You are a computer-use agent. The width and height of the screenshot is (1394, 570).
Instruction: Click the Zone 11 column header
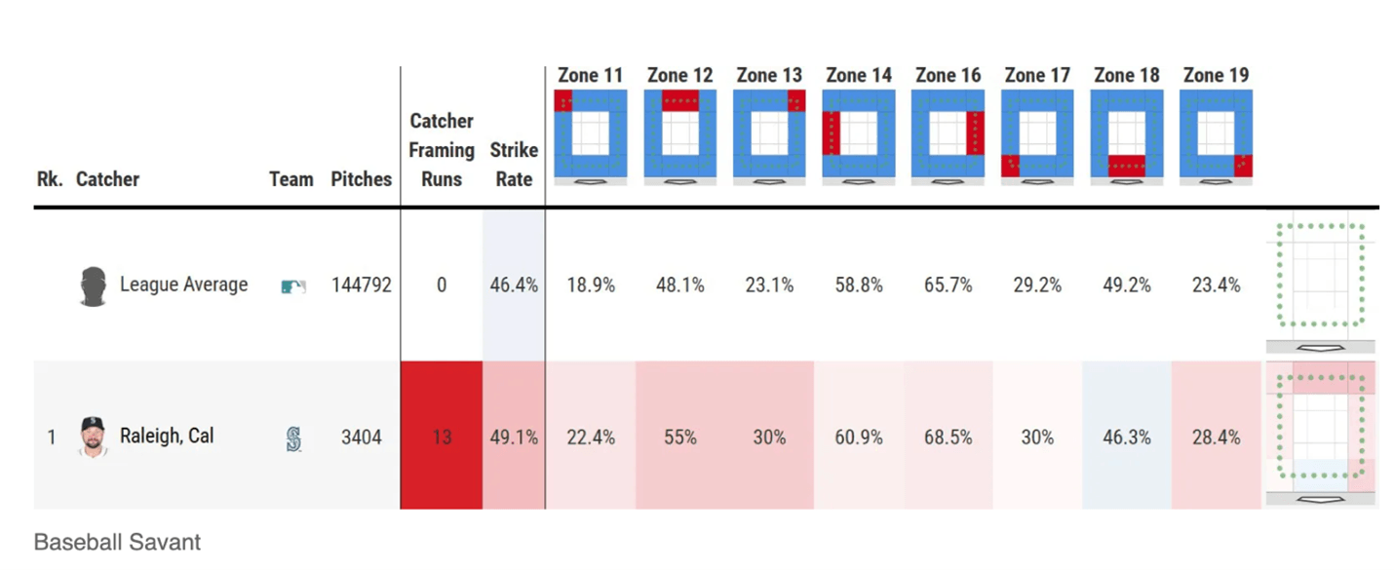coord(590,75)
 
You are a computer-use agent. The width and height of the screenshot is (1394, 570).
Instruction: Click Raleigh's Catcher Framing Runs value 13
coord(442,437)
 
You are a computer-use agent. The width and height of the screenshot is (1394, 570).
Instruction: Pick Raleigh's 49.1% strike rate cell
coord(514,437)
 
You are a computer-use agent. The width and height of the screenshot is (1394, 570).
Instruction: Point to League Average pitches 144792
coord(361,285)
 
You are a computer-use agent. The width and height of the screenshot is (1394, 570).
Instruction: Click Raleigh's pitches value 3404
coord(361,437)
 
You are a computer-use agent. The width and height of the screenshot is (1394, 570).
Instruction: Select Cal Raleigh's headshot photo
coord(93,437)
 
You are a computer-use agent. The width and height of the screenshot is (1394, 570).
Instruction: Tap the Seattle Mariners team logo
coord(293,438)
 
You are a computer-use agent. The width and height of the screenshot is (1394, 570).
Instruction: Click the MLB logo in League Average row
coord(292,286)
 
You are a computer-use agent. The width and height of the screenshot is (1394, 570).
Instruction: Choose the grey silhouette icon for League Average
coord(93,286)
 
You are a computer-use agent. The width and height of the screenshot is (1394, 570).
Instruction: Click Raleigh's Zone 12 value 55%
coord(679,437)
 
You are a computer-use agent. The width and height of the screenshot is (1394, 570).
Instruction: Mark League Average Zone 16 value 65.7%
coord(948,285)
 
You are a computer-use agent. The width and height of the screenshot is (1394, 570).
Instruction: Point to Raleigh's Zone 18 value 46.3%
coord(1126,437)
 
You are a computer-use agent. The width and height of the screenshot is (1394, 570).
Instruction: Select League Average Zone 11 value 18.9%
coord(591,285)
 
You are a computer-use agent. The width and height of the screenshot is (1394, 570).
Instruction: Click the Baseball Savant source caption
coord(117,543)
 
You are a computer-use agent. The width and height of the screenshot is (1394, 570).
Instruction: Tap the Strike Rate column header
coord(514,165)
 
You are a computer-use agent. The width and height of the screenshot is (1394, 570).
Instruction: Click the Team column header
coord(291,179)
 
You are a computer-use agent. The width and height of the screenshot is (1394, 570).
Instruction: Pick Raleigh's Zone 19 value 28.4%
coord(1216,437)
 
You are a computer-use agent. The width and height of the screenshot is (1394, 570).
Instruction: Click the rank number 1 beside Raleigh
coord(52,437)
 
